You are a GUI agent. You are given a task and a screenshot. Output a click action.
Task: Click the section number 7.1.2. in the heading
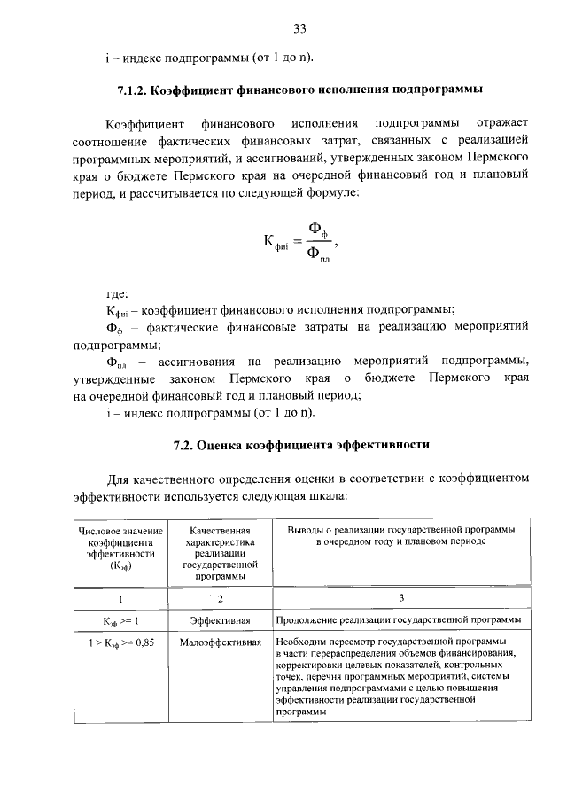(x=136, y=90)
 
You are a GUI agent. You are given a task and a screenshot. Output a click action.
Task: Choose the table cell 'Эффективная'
(x=219, y=620)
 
